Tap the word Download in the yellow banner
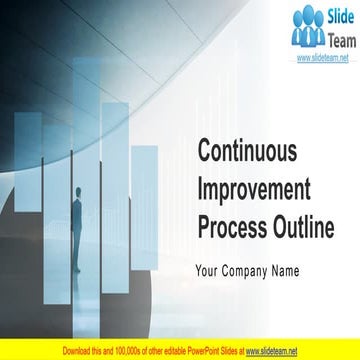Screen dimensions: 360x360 [x=76, y=351]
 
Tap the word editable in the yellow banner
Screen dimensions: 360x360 [x=171, y=351]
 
